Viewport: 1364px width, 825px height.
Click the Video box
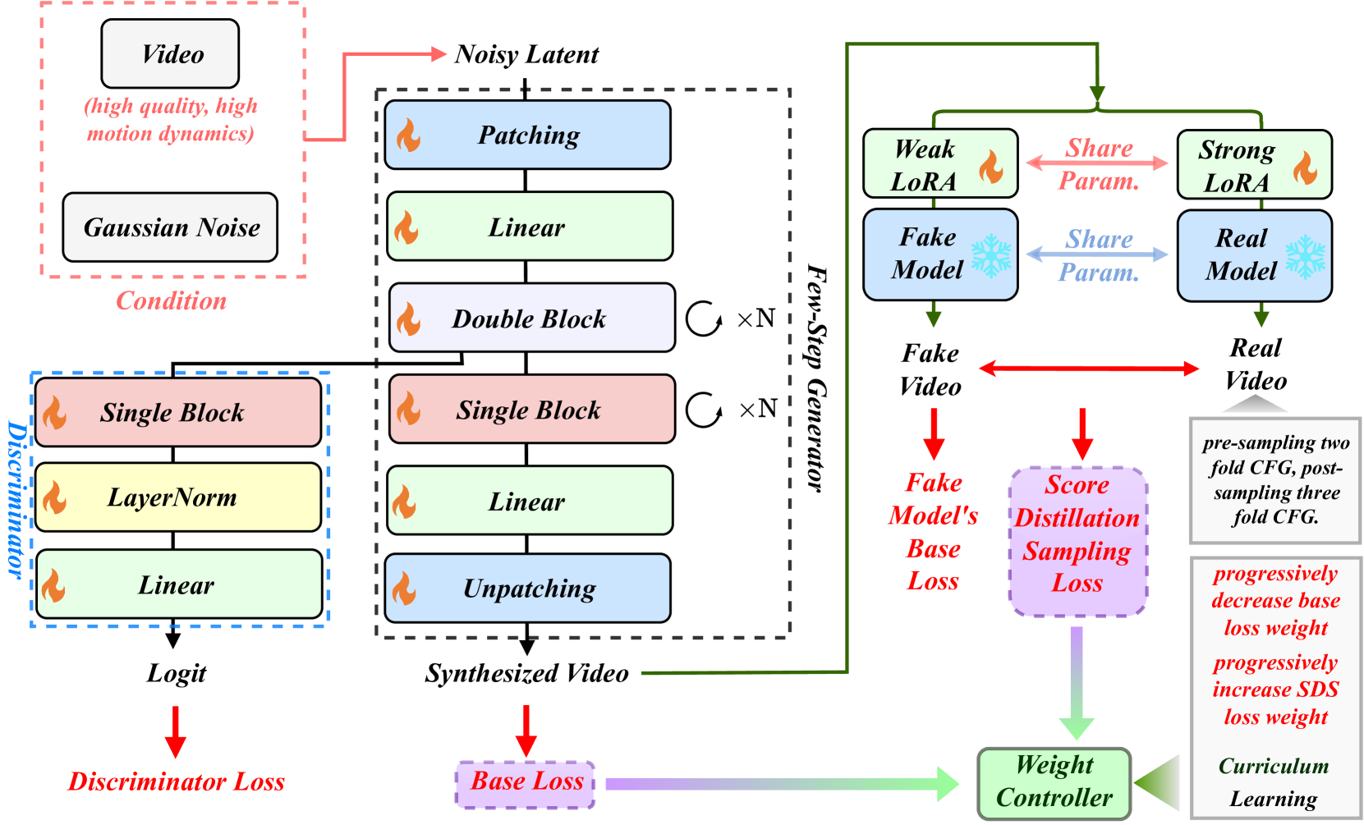[170, 54]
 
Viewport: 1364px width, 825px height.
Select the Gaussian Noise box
[170, 227]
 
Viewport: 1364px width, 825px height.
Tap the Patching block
[527, 135]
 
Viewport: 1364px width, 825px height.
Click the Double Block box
[531, 318]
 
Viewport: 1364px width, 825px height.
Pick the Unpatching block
[527, 588]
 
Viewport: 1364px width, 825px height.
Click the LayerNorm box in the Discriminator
[177, 497]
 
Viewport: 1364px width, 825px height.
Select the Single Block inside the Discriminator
[177, 412]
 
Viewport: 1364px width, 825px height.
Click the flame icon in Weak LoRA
[991, 167]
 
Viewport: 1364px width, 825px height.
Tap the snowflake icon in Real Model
[1305, 257]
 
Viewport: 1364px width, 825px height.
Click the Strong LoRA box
[1254, 165]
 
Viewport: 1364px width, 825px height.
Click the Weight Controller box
[1054, 782]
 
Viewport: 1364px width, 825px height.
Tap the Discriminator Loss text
[176, 781]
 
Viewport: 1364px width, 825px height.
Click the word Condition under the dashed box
[172, 301]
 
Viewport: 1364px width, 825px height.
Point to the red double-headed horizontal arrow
[1088, 369]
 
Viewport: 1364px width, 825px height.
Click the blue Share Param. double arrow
[1097, 255]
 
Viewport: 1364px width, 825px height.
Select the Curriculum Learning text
[1273, 781]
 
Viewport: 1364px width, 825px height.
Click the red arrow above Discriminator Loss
[176, 731]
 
